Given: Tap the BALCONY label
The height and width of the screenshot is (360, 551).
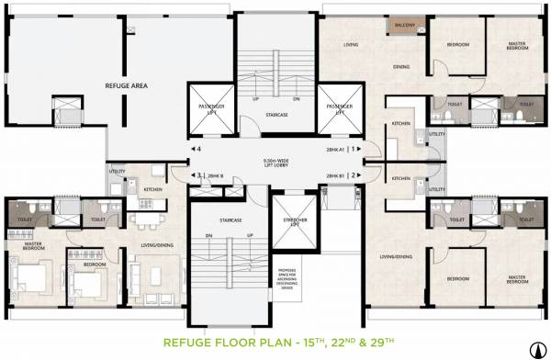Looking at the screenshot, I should [401, 26].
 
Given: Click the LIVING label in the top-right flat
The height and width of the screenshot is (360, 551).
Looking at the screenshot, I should [350, 44].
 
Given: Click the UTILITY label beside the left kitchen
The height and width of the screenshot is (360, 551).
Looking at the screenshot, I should [117, 171].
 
